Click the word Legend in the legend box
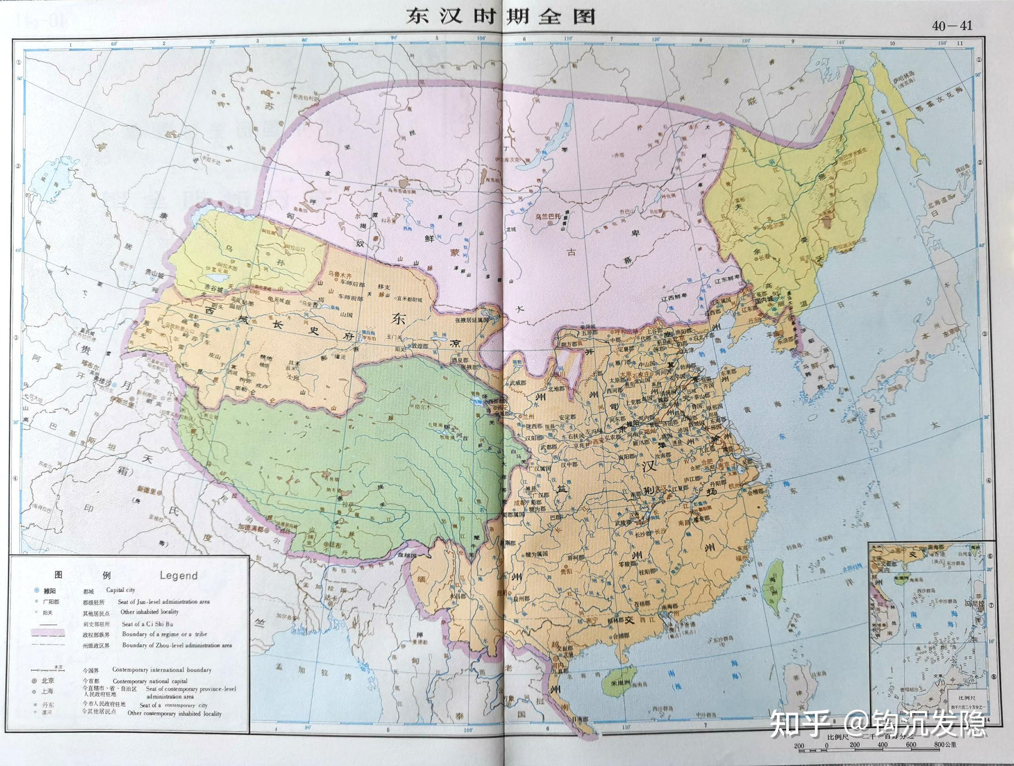point(178,576)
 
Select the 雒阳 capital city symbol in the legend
point(36,591)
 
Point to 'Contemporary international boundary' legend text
point(162,670)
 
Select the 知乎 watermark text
point(799,723)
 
